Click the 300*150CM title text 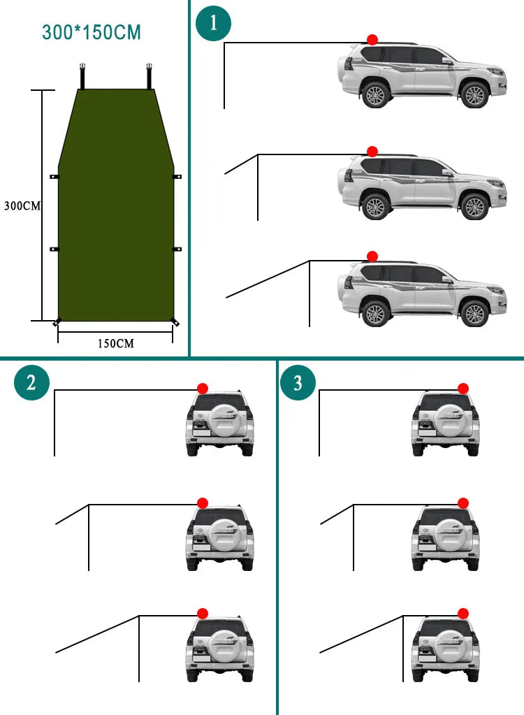coord(92,32)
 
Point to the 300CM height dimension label coord(22,206)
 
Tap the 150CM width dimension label coord(115,343)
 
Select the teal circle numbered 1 coord(213,23)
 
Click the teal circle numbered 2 coord(31,382)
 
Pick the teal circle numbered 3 coord(298,382)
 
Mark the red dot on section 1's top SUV coord(372,40)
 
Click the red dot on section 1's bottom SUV coord(372,257)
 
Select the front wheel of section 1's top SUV coord(475,95)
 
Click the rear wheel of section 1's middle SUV coord(376,207)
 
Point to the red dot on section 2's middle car coord(203,503)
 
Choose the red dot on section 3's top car coord(463,389)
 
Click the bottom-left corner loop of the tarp coord(57,322)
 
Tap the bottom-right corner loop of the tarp coord(175,322)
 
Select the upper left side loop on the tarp coord(54,177)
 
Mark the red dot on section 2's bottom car coord(203,613)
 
